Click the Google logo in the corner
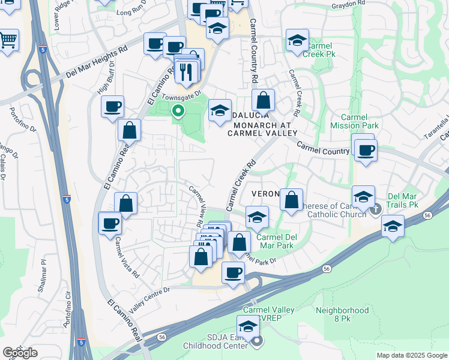20,353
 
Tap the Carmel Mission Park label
355,122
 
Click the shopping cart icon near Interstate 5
8,40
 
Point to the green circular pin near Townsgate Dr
178,110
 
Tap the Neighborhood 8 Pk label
342,315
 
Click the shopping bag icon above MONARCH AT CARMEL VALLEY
263,100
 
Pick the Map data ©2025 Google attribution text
411,355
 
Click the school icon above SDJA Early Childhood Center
247,328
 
